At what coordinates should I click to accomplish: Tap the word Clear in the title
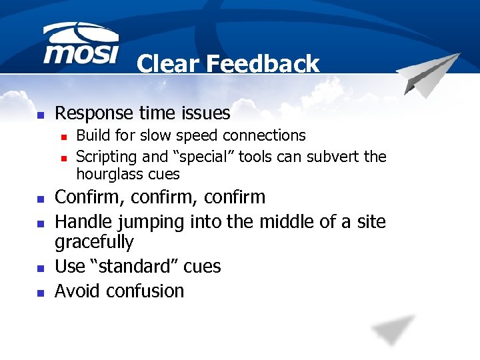point(169,64)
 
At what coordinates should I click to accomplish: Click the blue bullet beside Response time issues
point(40,115)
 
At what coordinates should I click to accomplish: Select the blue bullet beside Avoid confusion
point(40,292)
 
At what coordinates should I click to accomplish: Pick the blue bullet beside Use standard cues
point(40,267)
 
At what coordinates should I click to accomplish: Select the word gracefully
point(94,242)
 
